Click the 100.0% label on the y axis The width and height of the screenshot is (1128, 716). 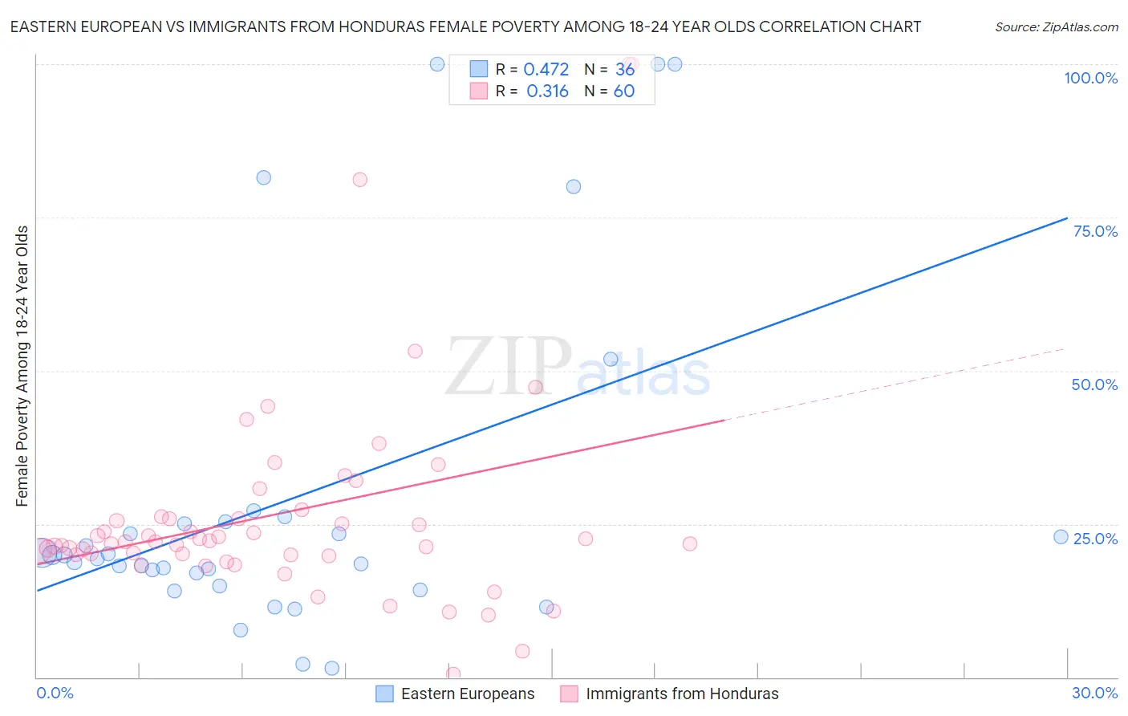[1090, 78]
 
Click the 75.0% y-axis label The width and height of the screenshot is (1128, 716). [1095, 231]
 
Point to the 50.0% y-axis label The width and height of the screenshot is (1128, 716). [1094, 384]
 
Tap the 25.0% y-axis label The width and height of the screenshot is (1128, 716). [1095, 538]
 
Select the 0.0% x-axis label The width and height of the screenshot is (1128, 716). [55, 693]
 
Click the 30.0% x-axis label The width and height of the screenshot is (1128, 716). [1094, 693]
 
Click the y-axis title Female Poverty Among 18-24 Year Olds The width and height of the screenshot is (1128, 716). [22, 366]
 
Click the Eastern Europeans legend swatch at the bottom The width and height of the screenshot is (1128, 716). [385, 694]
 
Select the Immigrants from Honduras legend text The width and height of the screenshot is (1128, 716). [682, 694]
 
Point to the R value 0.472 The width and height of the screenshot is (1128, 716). [546, 70]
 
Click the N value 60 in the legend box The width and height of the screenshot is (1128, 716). [623, 92]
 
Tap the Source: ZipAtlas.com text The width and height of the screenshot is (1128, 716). [1056, 26]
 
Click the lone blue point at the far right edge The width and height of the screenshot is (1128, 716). [1061, 537]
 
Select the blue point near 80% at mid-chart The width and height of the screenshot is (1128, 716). [573, 186]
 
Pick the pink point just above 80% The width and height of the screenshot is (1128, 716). [359, 180]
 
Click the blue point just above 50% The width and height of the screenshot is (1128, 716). [611, 360]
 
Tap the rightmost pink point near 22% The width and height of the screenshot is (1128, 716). [689, 543]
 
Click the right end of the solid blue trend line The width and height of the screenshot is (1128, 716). [1067, 218]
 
